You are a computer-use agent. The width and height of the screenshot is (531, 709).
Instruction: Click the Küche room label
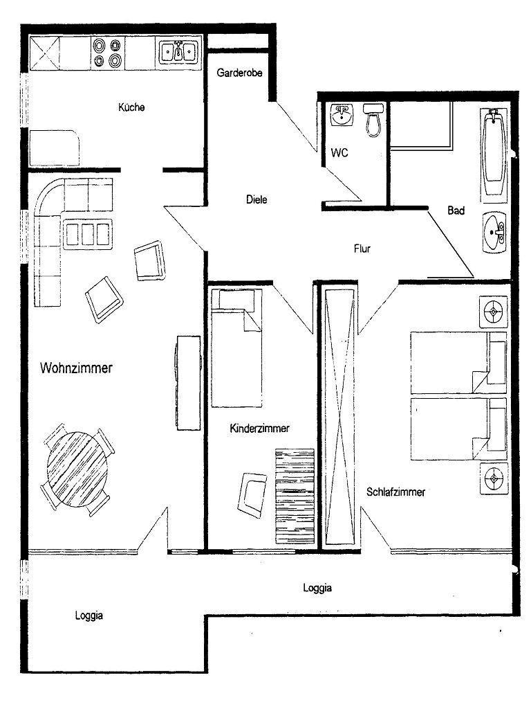click(x=131, y=107)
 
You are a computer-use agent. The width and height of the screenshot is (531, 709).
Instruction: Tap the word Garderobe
click(x=239, y=72)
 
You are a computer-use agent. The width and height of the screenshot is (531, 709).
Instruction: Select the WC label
click(x=339, y=152)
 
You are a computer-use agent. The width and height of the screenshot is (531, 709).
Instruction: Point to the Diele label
click(x=257, y=199)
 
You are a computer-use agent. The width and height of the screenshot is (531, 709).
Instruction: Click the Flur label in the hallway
click(x=362, y=249)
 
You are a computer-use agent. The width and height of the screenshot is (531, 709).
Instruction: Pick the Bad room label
click(x=456, y=210)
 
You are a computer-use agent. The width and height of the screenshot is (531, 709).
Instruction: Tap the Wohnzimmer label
click(x=76, y=368)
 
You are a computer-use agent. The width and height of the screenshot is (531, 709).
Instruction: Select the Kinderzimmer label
click(x=260, y=428)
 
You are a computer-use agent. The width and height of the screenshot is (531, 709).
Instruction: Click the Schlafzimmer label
click(x=395, y=492)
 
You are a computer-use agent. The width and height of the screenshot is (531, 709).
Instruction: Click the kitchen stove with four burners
click(x=108, y=53)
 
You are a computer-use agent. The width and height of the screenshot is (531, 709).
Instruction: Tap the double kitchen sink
click(x=179, y=51)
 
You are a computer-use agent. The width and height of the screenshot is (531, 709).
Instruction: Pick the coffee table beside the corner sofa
click(x=88, y=234)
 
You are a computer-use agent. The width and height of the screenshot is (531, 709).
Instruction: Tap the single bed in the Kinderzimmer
click(x=236, y=348)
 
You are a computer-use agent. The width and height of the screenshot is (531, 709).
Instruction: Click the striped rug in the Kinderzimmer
click(x=295, y=496)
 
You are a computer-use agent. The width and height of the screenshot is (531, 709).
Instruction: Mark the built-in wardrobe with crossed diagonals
click(x=341, y=416)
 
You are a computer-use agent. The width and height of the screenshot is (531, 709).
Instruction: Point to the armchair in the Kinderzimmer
click(x=253, y=494)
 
